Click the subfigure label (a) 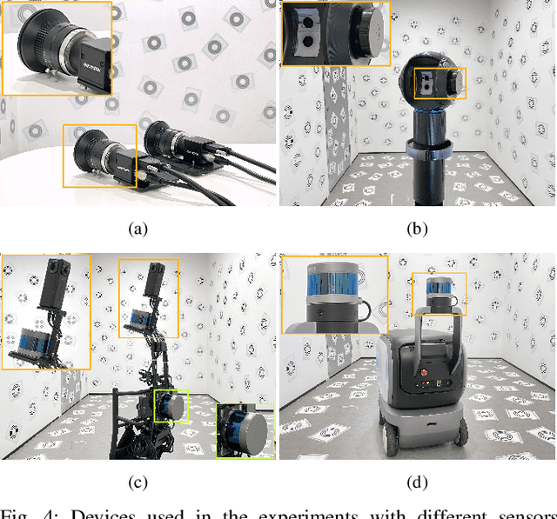click(138, 230)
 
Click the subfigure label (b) click(418, 230)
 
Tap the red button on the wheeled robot click(425, 382)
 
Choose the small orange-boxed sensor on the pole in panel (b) click(439, 84)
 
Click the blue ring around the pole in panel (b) click(433, 151)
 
